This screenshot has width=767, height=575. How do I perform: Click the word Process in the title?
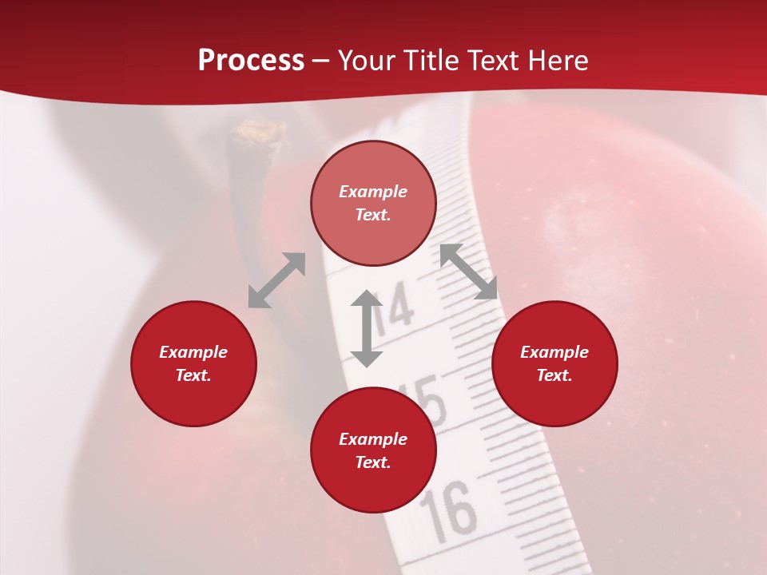pyautogui.click(x=251, y=61)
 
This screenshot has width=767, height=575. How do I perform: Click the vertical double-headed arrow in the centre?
pyautogui.click(x=367, y=328)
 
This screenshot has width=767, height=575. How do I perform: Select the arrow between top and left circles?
pyautogui.click(x=276, y=280)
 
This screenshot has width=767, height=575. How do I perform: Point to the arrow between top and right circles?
pyautogui.click(x=468, y=272)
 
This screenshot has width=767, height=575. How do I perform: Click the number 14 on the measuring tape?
pyautogui.click(x=394, y=309)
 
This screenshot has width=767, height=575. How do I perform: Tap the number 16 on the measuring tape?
pyautogui.click(x=448, y=509)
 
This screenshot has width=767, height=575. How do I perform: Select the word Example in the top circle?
pyautogui.click(x=373, y=192)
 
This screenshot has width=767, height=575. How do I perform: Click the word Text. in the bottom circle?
pyautogui.click(x=373, y=462)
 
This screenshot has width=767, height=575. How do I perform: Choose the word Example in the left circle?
pyautogui.click(x=193, y=352)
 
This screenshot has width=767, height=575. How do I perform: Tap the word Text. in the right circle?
pyautogui.click(x=554, y=375)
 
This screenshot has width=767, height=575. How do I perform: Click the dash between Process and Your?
pyautogui.click(x=320, y=61)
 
